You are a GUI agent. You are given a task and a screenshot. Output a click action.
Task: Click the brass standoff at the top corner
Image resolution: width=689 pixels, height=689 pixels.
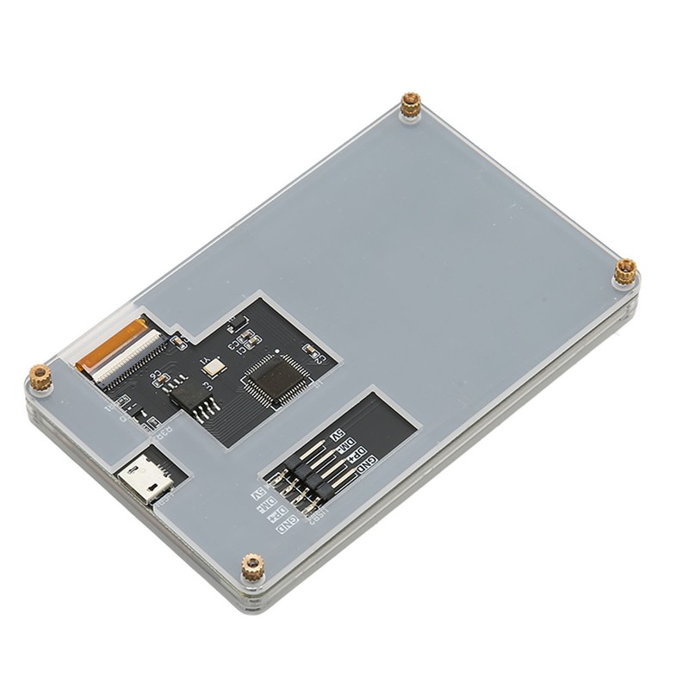(411, 105)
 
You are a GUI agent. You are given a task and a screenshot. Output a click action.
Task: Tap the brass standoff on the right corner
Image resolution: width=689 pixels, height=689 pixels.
(626, 273)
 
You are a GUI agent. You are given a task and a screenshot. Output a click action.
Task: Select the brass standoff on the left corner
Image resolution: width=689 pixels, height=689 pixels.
(40, 376)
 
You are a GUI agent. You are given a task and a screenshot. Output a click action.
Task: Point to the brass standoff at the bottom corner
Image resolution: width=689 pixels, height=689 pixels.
(251, 567)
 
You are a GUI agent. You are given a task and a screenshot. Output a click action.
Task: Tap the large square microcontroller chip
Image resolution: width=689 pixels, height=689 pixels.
(273, 380)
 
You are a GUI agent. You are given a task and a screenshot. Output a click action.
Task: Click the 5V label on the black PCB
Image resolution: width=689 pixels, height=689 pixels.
(338, 434)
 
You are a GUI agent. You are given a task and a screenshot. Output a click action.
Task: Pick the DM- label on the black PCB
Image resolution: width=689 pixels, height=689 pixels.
(347, 444)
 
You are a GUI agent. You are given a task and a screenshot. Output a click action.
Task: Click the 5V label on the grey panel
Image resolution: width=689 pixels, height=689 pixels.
(258, 495)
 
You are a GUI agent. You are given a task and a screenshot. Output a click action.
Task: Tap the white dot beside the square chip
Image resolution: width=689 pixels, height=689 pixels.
(276, 353)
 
